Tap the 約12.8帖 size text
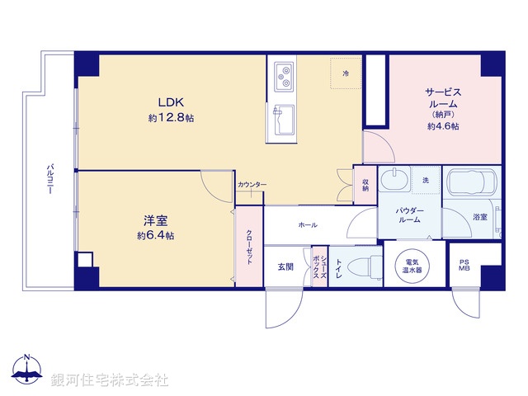(172, 119)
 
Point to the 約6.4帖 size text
(155, 236)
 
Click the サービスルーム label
(443, 98)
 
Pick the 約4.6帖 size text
(443, 127)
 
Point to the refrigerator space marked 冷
(345, 73)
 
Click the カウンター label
(252, 185)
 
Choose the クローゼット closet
(249, 245)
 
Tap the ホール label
(308, 225)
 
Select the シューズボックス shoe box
(318, 266)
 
